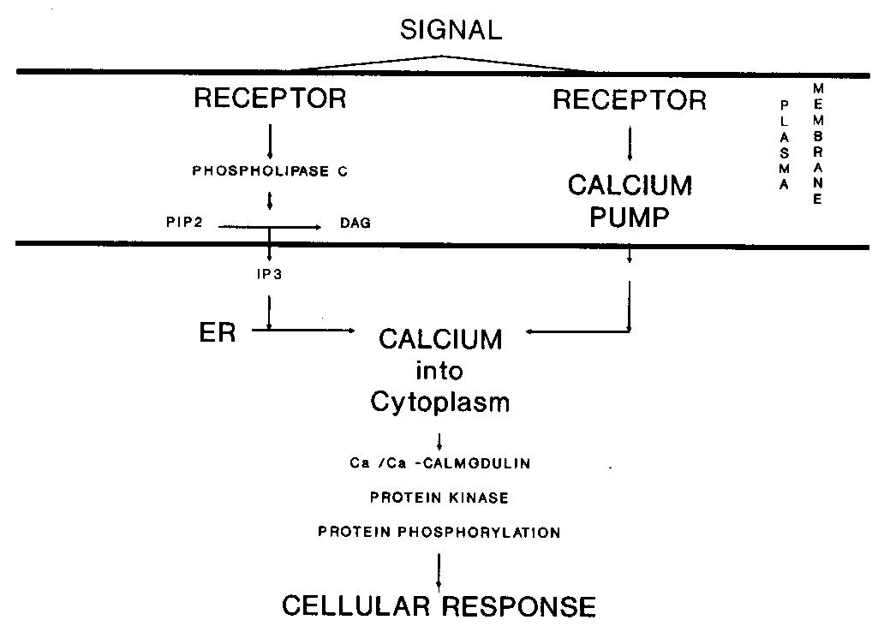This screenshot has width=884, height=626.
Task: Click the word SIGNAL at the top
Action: click(x=451, y=31)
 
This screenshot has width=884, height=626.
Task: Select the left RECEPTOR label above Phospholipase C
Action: click(x=270, y=98)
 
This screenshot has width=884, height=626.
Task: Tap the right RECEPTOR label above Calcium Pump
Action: click(x=630, y=100)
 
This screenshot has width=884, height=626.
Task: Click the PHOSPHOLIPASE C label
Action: click(x=270, y=171)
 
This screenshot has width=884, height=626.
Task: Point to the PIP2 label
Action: click(x=184, y=223)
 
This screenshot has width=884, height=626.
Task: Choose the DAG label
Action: click(x=355, y=223)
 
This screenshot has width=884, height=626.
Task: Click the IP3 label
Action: click(x=270, y=276)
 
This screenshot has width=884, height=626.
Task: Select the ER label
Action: click(x=218, y=332)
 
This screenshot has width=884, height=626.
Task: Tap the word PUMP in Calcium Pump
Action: click(x=630, y=217)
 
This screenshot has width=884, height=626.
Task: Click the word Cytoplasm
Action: click(x=440, y=402)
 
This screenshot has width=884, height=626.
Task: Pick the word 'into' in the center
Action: click(x=440, y=371)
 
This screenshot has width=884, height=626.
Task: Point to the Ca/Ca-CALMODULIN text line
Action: click(x=440, y=464)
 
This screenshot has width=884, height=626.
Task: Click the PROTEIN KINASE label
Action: click(x=439, y=498)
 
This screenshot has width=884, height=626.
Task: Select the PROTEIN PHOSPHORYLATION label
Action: click(x=439, y=532)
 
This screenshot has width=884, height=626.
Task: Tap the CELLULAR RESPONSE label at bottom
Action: click(x=439, y=606)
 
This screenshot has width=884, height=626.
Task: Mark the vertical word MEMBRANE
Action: click(x=817, y=144)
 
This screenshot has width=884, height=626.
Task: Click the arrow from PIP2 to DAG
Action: click(x=270, y=227)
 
